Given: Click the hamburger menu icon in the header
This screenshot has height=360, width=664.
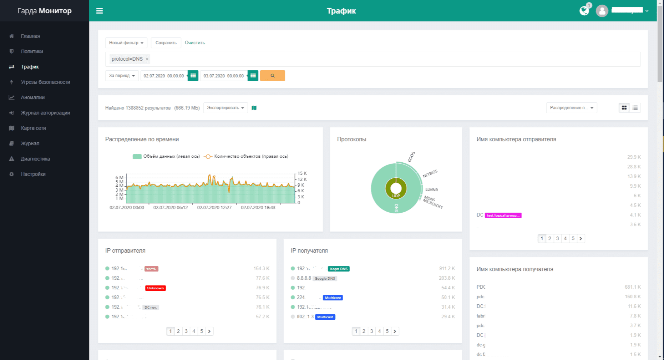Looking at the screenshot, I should (100, 11).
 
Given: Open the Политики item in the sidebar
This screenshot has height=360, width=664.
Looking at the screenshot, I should (32, 51).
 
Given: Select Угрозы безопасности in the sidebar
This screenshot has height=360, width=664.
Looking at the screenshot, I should (45, 82).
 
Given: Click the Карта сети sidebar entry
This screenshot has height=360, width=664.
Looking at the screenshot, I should (33, 128).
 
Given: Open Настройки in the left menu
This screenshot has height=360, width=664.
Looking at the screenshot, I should (33, 174).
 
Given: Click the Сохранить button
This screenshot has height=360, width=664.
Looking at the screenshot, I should (166, 43).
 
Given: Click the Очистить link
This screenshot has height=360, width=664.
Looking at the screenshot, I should (195, 43).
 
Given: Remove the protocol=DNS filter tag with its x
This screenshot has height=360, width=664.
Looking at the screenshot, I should (147, 59).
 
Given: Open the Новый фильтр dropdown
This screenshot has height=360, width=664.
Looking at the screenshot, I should (126, 43).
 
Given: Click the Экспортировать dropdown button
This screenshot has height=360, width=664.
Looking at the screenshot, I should (225, 108).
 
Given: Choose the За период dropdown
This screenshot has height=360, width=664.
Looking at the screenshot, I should (122, 76).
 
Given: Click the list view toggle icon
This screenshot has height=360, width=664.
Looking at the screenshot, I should (635, 108).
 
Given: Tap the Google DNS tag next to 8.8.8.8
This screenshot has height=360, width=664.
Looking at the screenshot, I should (325, 279).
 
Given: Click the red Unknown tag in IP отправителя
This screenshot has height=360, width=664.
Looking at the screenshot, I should (156, 288).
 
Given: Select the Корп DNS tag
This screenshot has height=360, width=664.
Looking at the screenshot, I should (339, 269).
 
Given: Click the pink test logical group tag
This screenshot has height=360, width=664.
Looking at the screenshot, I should (503, 216).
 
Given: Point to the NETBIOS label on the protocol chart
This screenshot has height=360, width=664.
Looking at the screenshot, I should (430, 174).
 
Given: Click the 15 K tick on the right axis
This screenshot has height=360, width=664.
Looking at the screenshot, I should (302, 173).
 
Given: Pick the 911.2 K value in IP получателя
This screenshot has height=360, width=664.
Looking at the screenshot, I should (447, 269).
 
